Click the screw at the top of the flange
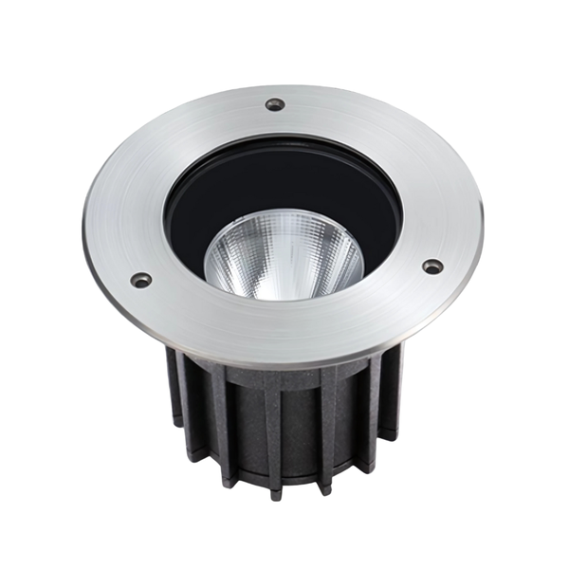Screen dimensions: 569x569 point(275,104)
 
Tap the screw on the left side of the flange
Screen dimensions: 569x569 point(140,280)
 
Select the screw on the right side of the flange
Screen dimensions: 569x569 point(431,266)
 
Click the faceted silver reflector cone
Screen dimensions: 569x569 point(284,256)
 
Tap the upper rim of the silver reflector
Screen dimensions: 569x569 point(284,221)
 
